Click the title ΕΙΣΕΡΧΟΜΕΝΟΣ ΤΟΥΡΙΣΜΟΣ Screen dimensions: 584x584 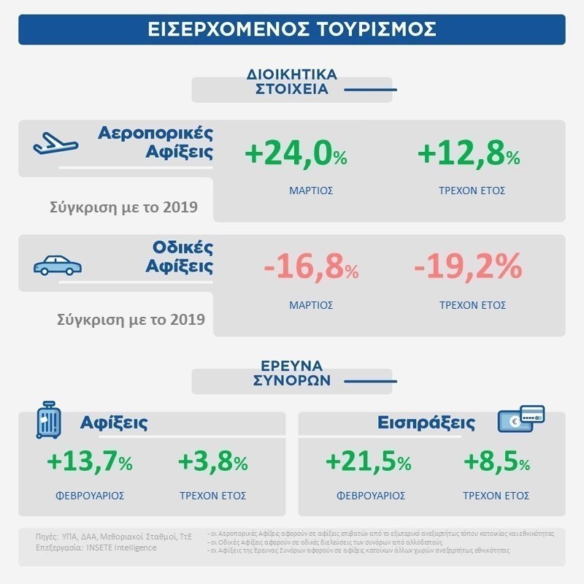pyautogui.click(x=291, y=28)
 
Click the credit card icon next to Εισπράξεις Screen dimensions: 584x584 pyautogui.click(x=521, y=421)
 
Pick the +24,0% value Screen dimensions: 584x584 pyautogui.click(x=296, y=155)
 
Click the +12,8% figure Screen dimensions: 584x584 pyautogui.click(x=468, y=155)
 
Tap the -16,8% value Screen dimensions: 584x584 pyautogui.click(x=311, y=269)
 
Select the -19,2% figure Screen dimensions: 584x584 pyautogui.click(x=468, y=269)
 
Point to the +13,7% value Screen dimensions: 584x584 pyautogui.click(x=90, y=461)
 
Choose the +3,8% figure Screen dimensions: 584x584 pyautogui.click(x=213, y=461)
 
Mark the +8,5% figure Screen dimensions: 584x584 pyautogui.click(x=496, y=461)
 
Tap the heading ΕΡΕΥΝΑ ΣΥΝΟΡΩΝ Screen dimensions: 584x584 pyautogui.click(x=293, y=373)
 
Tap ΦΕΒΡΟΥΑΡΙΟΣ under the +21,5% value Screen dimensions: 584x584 pyautogui.click(x=370, y=495)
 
